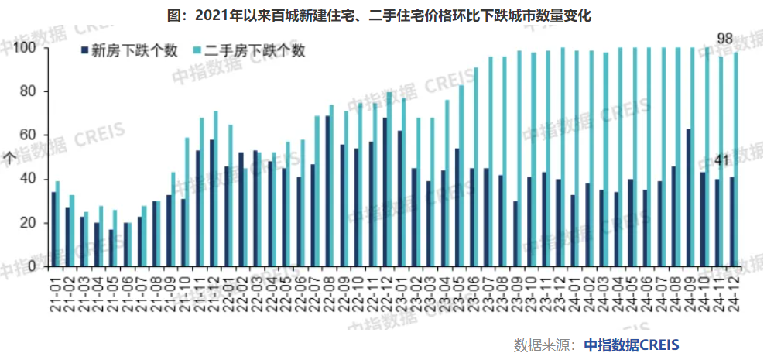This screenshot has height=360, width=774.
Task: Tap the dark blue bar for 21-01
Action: [x=53, y=229]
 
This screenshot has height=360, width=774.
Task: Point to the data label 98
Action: [x=724, y=38]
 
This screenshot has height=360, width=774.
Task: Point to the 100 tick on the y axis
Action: [x=26, y=48]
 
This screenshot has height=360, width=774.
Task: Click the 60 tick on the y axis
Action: [x=29, y=135]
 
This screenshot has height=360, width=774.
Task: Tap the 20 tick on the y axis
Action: [x=29, y=223]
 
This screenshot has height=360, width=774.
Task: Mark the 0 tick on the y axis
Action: [x=33, y=266]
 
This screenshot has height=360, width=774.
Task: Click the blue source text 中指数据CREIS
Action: [x=630, y=344]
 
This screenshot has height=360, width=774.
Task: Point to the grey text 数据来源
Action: [x=542, y=344]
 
